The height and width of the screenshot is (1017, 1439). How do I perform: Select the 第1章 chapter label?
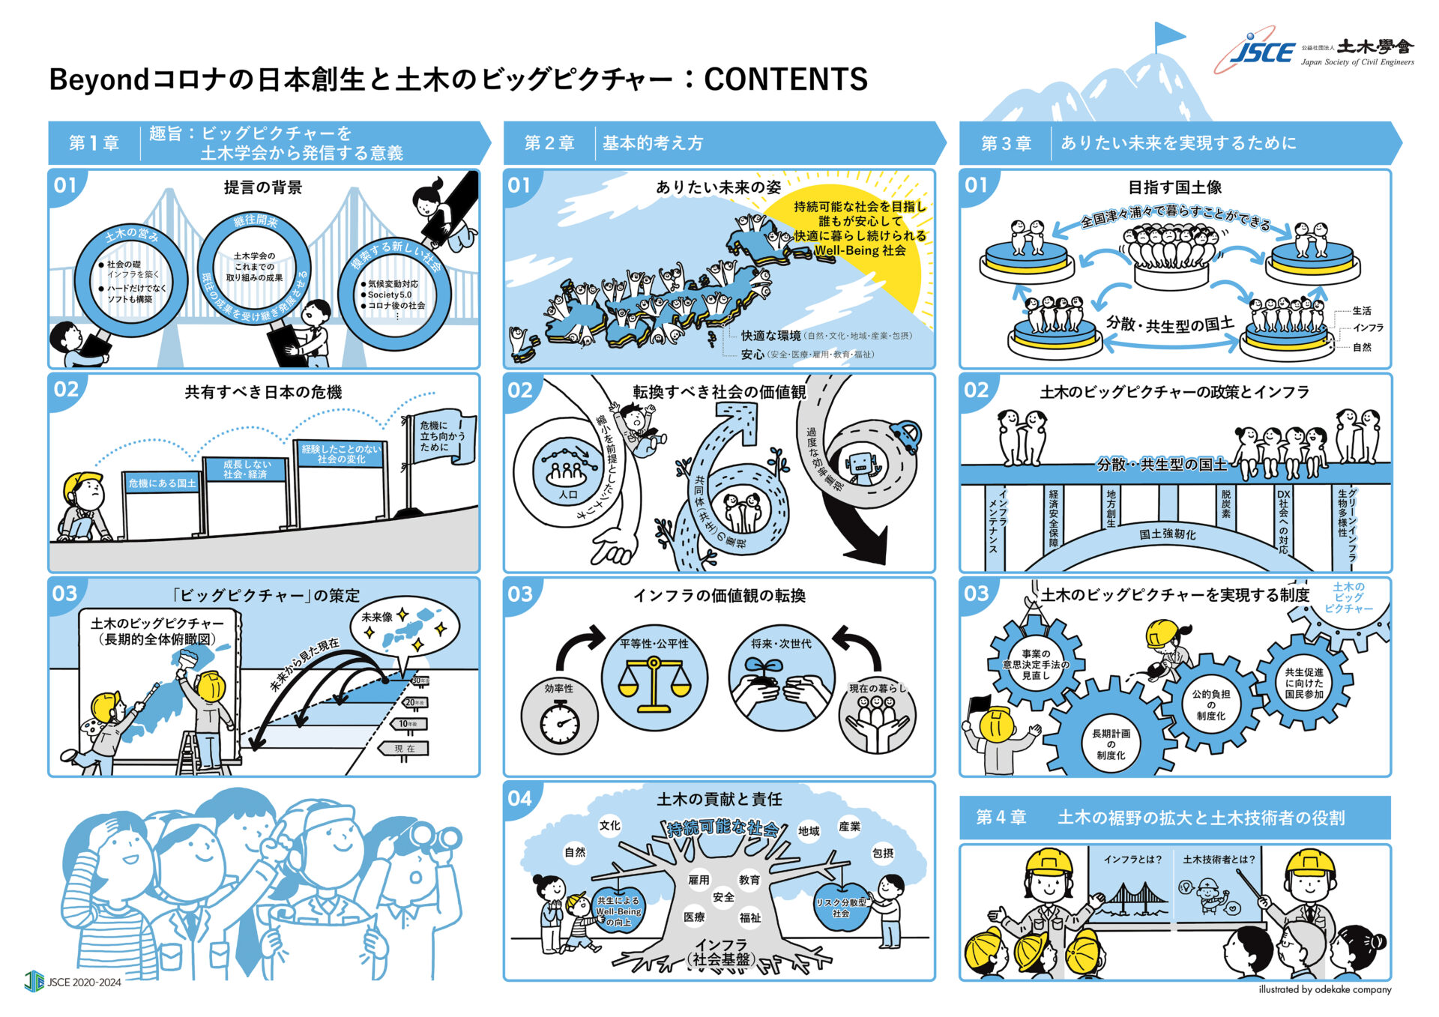click(94, 143)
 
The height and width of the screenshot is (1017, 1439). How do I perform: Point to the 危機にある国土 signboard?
click(162, 483)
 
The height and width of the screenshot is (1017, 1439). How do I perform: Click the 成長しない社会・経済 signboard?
click(246, 469)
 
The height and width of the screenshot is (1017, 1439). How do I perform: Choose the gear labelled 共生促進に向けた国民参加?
click(1304, 683)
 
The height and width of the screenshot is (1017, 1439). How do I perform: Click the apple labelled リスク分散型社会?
click(841, 908)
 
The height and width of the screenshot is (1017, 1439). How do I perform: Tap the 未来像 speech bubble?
click(405, 627)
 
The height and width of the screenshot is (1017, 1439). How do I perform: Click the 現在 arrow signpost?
click(405, 748)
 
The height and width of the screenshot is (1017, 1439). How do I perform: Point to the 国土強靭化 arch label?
click(1167, 534)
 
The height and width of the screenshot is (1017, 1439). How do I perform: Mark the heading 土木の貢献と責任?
click(719, 800)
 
